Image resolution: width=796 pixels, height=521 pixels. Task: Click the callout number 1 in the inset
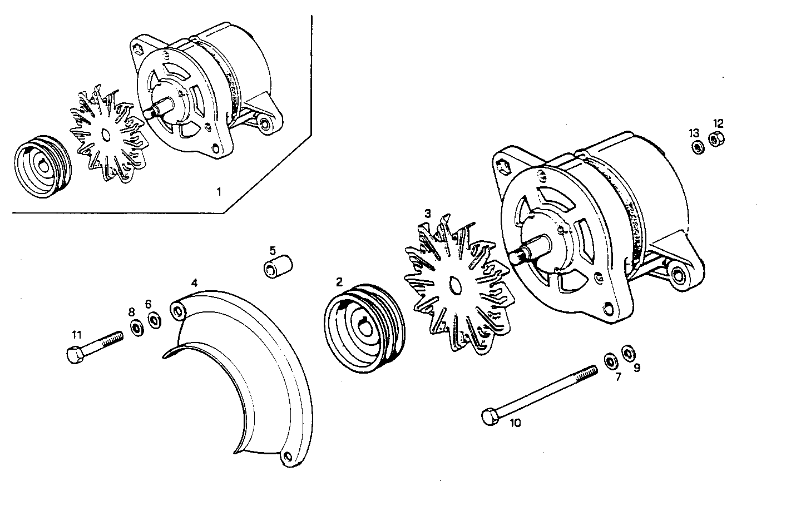219,192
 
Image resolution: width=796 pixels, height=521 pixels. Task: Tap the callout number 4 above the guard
194,282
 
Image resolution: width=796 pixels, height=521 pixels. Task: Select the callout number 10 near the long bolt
515,423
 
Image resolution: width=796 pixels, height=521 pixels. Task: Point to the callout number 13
694,133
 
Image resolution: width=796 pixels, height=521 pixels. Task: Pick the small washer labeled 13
696,147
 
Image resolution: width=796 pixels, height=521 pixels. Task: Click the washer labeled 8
135,327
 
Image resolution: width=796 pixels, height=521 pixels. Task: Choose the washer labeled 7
610,360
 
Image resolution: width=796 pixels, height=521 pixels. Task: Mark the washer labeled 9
628,353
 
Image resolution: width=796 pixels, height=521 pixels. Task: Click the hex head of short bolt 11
73,355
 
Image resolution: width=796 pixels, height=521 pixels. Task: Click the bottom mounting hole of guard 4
288,457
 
